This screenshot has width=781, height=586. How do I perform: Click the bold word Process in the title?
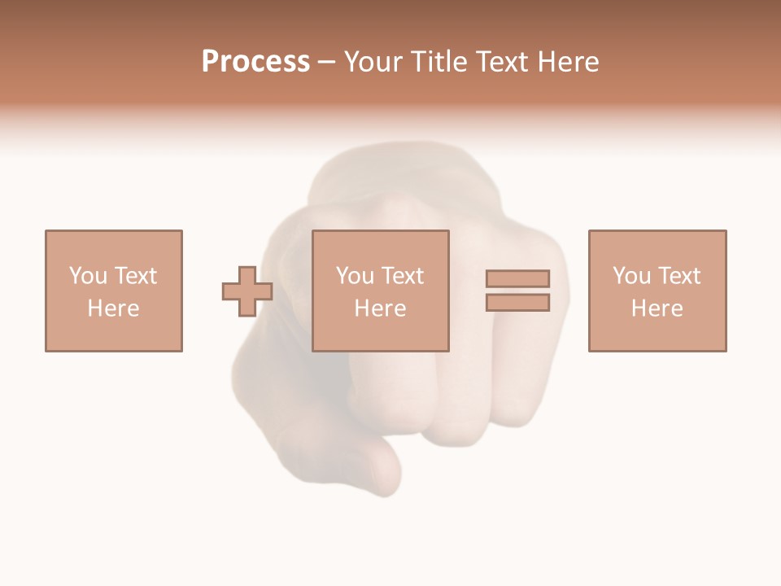coord(255,62)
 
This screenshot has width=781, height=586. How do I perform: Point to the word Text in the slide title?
coord(502,62)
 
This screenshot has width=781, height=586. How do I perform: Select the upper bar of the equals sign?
coord(517,278)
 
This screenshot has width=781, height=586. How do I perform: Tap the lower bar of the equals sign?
coord(517,303)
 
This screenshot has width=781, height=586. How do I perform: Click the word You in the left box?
coord(88,276)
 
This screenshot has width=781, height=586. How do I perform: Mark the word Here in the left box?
coord(113,308)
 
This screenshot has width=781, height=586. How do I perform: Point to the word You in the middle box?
coord(355,276)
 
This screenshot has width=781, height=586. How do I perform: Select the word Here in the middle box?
coord(380,308)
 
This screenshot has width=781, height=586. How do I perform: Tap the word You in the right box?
coord(631,276)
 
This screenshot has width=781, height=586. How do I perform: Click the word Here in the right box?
coord(657,308)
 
